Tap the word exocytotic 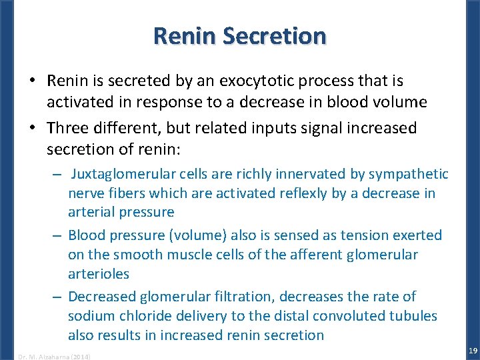(x=259, y=81)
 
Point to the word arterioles (x=99, y=274)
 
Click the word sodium (x=90, y=315)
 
